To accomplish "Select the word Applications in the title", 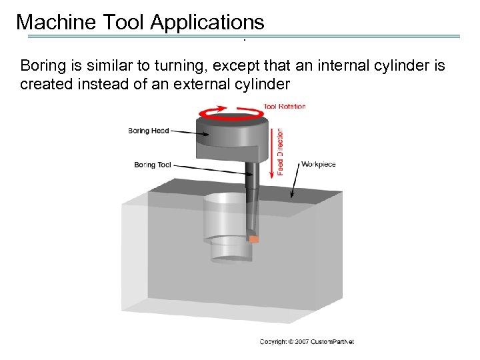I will pos(207,22).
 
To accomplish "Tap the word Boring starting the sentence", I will pos(42,66).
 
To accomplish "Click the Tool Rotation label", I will pos(284,107).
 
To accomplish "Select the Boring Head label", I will pos(148,131).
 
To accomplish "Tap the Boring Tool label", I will pos(153,164).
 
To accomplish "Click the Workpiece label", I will pos(319,164).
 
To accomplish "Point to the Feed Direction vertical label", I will pos(281,152).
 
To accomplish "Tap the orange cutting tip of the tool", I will pos(253,239).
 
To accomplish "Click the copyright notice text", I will pos(307,342).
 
